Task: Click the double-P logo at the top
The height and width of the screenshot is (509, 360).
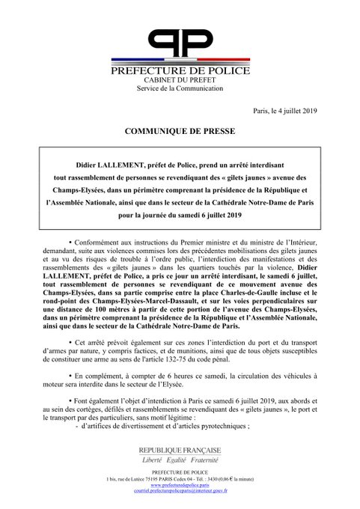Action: [179, 43]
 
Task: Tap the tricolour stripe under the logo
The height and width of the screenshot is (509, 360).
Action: [179, 61]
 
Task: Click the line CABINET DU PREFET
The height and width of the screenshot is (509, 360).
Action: [179, 79]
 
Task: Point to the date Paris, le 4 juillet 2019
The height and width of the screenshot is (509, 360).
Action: [285, 111]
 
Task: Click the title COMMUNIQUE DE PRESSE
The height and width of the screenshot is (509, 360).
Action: [180, 132]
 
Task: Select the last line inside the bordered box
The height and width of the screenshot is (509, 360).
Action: [179, 215]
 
